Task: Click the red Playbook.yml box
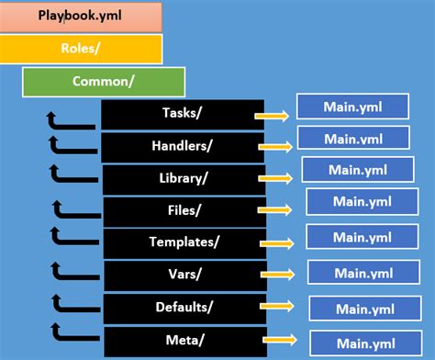(82, 16)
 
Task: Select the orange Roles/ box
(82, 48)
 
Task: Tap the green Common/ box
(103, 80)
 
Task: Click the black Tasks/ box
(182, 114)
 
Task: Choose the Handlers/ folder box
(183, 146)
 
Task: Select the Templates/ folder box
(184, 242)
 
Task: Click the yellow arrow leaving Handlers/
(278, 144)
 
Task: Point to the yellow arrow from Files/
(280, 208)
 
